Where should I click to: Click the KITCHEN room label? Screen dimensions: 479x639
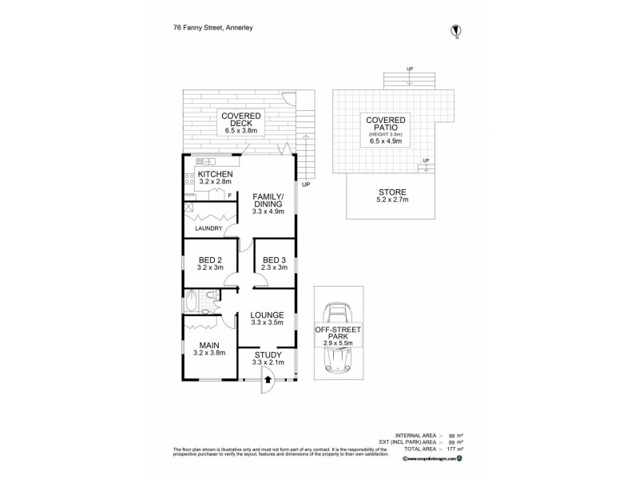[x=215, y=174]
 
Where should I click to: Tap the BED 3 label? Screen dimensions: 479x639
[x=273, y=259]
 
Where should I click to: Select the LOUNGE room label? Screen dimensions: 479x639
[x=268, y=315]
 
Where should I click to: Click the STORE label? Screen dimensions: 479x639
[x=391, y=192]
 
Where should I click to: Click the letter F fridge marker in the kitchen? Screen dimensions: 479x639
[x=229, y=196]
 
